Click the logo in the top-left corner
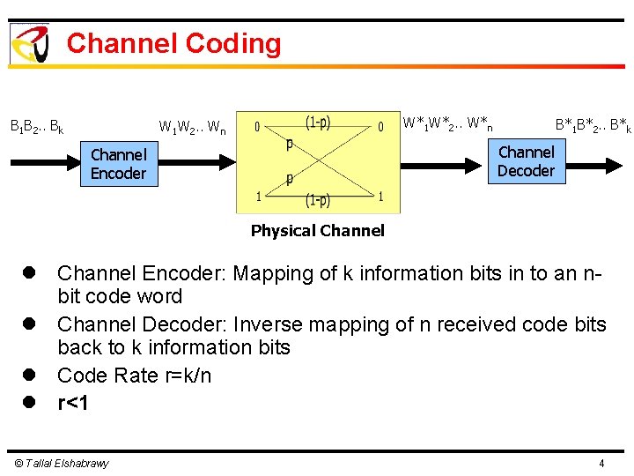pyautogui.click(x=28, y=43)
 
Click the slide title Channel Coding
pyautogui.click(x=173, y=43)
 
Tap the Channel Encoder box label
pyautogui.click(x=118, y=164)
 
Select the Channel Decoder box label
pyautogui.click(x=526, y=161)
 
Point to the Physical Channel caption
pyautogui.click(x=317, y=231)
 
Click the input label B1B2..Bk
pyautogui.click(x=36, y=127)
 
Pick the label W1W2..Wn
pyautogui.click(x=192, y=129)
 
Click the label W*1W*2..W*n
pyautogui.click(x=447, y=123)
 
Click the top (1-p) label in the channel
pyautogui.click(x=318, y=123)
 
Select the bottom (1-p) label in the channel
pyautogui.click(x=318, y=201)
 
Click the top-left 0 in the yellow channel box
pyautogui.click(x=257, y=128)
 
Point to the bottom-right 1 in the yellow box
pyautogui.click(x=380, y=197)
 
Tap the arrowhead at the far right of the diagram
pyautogui.click(x=618, y=162)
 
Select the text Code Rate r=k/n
pyautogui.click(x=134, y=376)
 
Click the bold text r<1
pyautogui.click(x=74, y=404)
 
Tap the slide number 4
pyautogui.click(x=601, y=464)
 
